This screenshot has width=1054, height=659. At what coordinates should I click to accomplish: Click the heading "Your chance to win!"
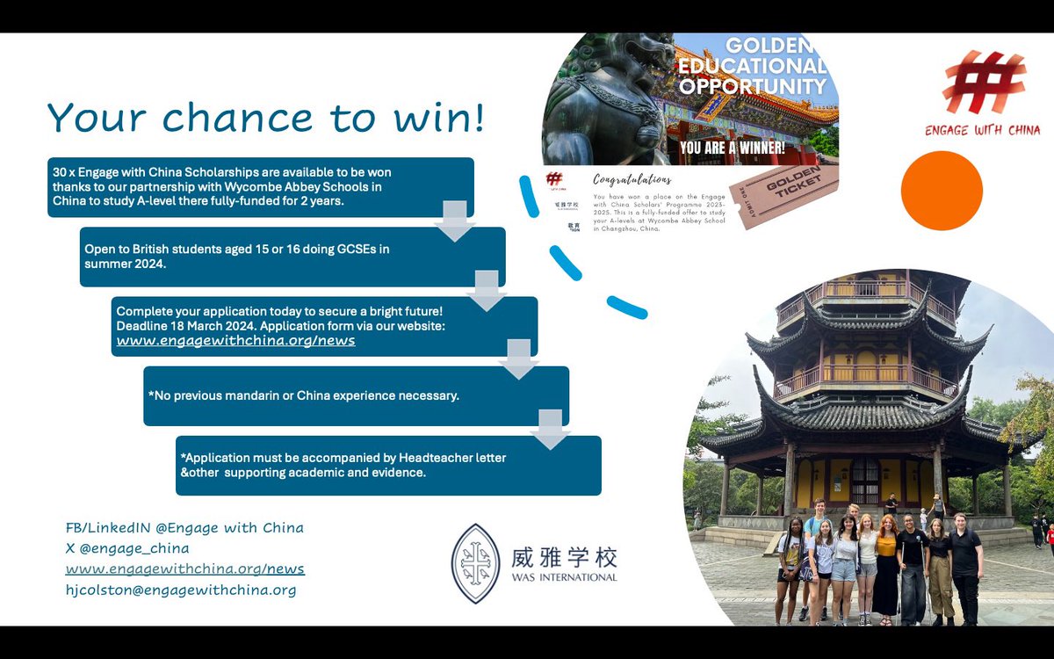click(x=265, y=118)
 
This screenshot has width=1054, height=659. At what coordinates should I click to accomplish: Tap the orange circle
click(x=942, y=191)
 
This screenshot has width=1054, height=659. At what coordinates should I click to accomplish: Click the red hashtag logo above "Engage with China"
click(x=983, y=83)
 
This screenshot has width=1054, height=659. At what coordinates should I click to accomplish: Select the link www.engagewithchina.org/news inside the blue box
click(x=235, y=341)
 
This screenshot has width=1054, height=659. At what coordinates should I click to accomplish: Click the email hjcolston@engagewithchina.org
click(x=181, y=590)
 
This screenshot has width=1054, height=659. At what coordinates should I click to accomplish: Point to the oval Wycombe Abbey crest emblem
click(x=475, y=563)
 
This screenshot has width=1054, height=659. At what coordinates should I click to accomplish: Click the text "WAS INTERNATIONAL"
click(x=564, y=577)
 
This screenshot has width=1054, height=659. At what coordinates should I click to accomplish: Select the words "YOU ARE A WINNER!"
click(x=732, y=148)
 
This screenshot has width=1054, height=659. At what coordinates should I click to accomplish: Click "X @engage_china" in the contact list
click(x=127, y=548)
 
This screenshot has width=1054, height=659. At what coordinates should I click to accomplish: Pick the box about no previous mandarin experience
click(x=356, y=395)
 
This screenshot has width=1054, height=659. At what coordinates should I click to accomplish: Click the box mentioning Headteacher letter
click(x=388, y=465)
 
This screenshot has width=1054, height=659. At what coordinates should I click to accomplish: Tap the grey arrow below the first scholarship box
click(x=455, y=220)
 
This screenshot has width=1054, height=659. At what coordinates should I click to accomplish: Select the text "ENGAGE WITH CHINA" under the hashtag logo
click(x=982, y=130)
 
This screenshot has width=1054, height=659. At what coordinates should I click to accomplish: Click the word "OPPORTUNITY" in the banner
click(x=753, y=86)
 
